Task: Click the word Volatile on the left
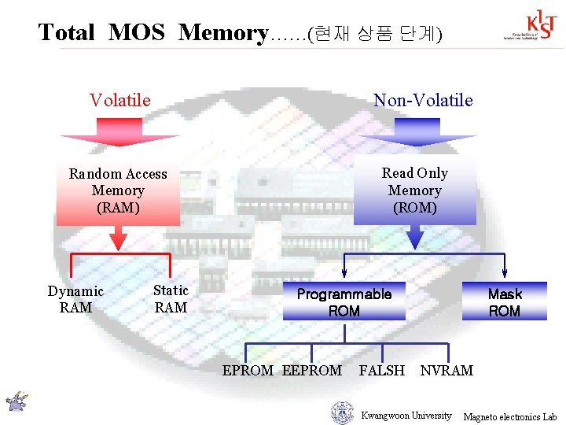pyautogui.click(x=120, y=100)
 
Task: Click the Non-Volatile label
pyautogui.click(x=423, y=100)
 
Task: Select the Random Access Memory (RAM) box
pyautogui.click(x=118, y=191)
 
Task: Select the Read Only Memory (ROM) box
pyautogui.click(x=414, y=191)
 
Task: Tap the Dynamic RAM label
pyautogui.click(x=75, y=299)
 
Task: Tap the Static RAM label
pyautogui.click(x=171, y=299)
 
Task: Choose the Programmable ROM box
pyautogui.click(x=344, y=302)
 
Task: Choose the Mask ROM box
pyautogui.click(x=504, y=302)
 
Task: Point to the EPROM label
pyautogui.click(x=248, y=370)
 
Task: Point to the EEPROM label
pyautogui.click(x=312, y=370)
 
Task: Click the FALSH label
pyautogui.click(x=382, y=370)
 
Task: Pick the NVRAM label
pyautogui.click(x=447, y=370)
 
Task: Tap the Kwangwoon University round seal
pyautogui.click(x=342, y=413)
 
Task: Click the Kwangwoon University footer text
pyautogui.click(x=406, y=416)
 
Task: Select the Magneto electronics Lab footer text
pyautogui.click(x=509, y=416)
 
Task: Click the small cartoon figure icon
pyautogui.click(x=16, y=401)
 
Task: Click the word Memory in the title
pyautogui.click(x=223, y=33)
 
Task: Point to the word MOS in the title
pyautogui.click(x=136, y=33)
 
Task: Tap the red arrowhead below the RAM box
pyautogui.click(x=118, y=240)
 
